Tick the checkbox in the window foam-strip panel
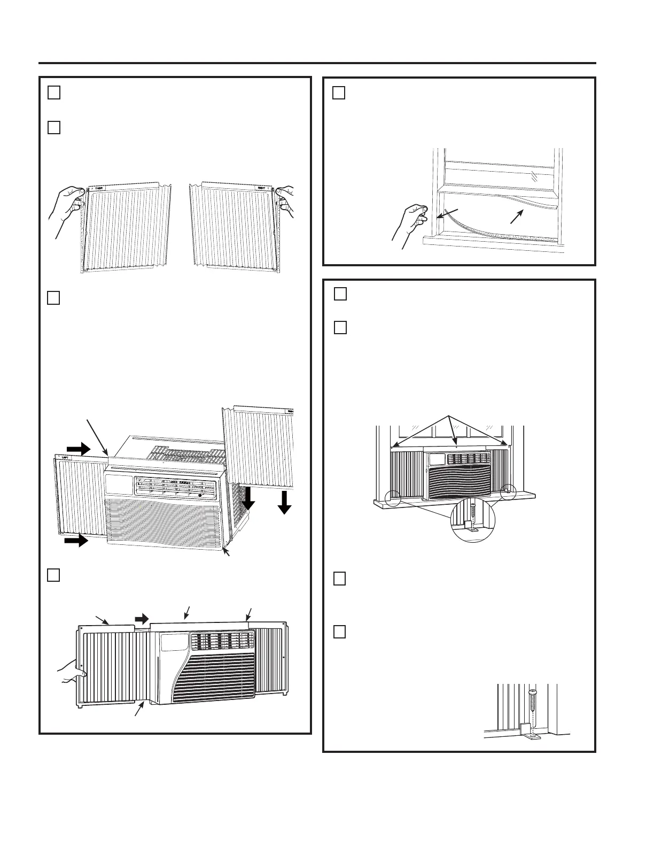tap(339, 93)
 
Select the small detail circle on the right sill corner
tap(508, 492)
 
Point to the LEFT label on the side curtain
tap(64, 458)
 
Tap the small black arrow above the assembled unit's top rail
tap(142, 619)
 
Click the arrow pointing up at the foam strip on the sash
tap(517, 215)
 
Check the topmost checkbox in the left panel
tap(53, 93)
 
